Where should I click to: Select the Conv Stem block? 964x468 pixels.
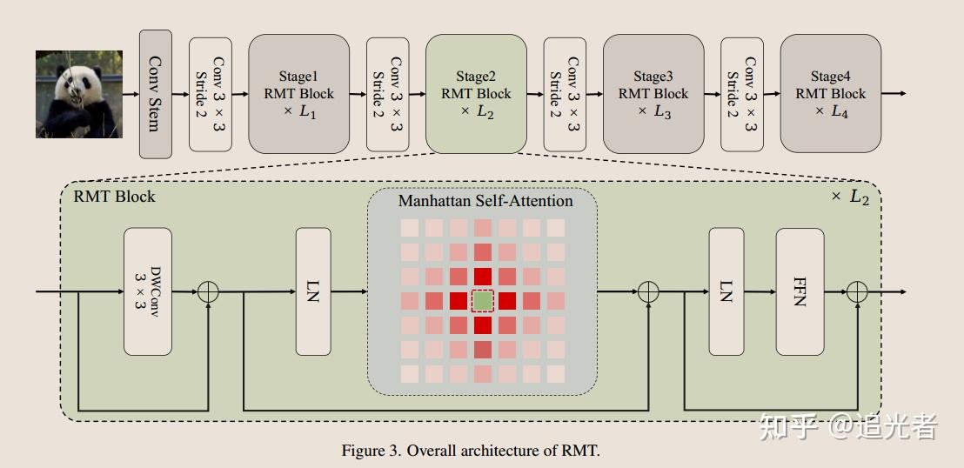156,94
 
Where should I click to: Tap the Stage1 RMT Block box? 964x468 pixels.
298,94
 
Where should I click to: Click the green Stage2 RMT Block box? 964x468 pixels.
476,94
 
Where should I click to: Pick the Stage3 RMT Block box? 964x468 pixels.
653,94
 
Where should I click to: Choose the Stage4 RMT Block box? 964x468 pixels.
831,94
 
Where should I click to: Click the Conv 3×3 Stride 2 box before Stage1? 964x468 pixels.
211,94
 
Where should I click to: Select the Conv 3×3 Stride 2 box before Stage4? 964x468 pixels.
742,94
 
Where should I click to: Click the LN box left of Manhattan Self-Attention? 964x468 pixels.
313,291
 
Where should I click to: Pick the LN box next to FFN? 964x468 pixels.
726,291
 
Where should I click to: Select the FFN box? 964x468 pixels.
800,291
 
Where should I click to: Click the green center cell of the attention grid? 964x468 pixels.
482,301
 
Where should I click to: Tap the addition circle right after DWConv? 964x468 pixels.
208,291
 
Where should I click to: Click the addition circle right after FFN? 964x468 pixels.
857,291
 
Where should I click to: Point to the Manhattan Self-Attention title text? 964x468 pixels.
485,201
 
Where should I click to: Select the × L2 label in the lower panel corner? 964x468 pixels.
850,197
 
